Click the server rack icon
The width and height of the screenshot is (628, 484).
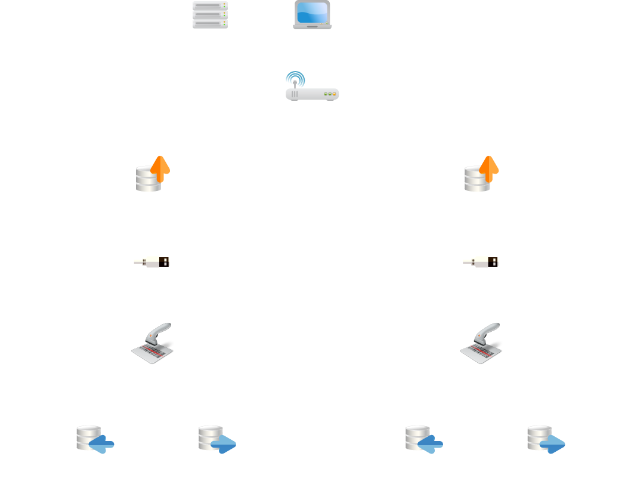[210, 15]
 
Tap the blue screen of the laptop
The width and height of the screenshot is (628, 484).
[313, 12]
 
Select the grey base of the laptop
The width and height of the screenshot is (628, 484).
[313, 26]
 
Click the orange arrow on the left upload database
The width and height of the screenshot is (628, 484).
[160, 168]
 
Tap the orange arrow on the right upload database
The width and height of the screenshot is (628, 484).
[489, 168]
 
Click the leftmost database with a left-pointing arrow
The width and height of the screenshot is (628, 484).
[95, 439]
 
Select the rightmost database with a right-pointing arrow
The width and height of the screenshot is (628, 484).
[546, 439]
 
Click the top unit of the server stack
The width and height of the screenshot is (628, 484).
[210, 5]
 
